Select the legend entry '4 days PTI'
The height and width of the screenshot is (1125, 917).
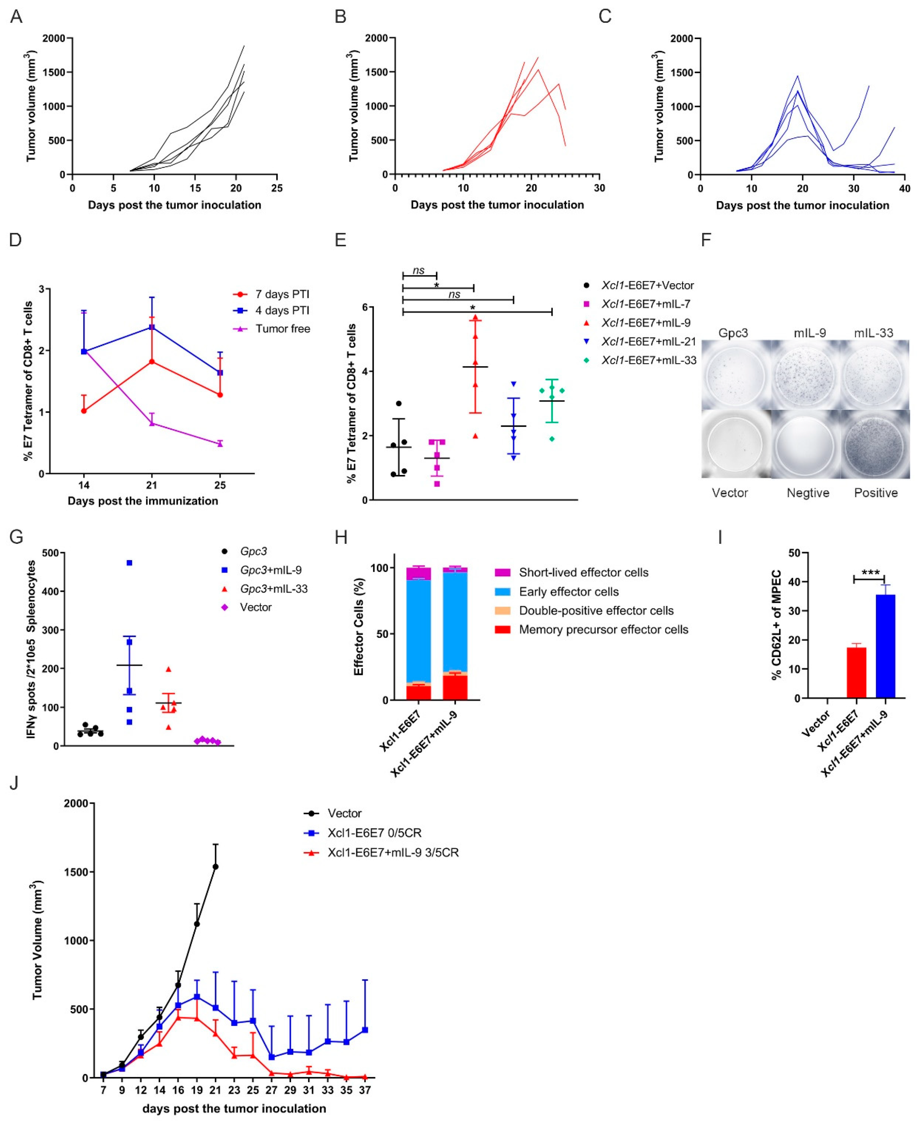coord(282,311)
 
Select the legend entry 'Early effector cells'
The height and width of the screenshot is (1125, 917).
coord(568,592)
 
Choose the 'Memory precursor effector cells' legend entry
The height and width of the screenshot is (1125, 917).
coord(603,629)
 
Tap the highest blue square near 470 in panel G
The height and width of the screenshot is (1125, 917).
coord(129,563)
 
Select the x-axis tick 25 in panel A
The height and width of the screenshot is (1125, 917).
coord(277,188)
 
